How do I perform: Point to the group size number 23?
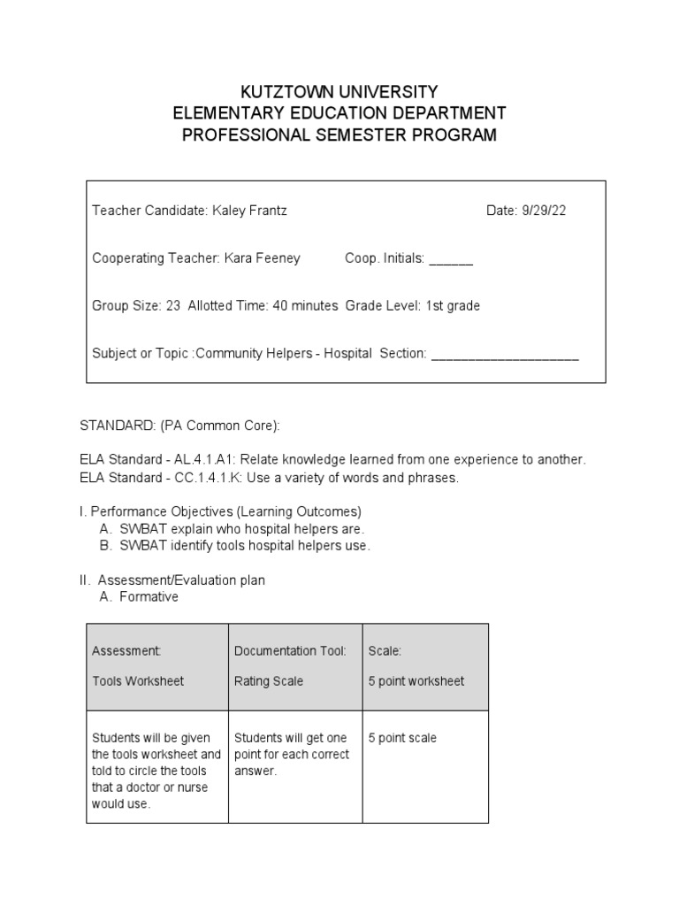click(173, 306)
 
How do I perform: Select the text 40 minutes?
click(305, 306)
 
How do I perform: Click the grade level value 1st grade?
click(453, 306)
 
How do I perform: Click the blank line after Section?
click(505, 356)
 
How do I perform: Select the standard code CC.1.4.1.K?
click(205, 479)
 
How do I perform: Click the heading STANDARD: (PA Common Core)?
click(180, 426)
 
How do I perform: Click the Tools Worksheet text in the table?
click(138, 681)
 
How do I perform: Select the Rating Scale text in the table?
click(269, 681)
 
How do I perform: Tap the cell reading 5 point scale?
click(403, 738)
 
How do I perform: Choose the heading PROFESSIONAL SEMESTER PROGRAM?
click(339, 135)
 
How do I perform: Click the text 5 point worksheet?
click(416, 681)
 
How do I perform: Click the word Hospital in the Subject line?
click(347, 354)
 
